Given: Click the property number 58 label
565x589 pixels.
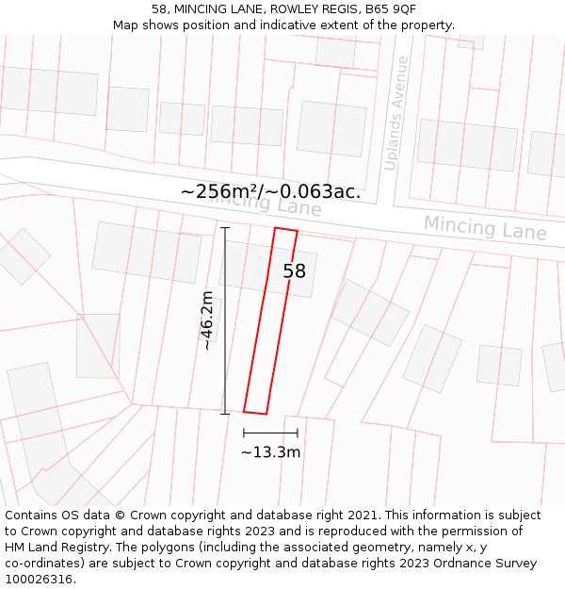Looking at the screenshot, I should (294, 271).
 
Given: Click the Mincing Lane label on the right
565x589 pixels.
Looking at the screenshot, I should (484, 228).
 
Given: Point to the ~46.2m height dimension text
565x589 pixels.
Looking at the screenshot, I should (207, 320).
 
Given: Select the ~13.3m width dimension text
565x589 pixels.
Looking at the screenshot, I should (270, 452).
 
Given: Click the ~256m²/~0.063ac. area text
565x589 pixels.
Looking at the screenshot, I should (270, 191).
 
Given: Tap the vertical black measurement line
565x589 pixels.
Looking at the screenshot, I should (225, 320).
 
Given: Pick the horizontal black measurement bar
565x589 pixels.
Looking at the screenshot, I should (270, 433).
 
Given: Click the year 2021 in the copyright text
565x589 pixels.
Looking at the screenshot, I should (363, 515).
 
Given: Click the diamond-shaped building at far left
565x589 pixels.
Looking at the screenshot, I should (21, 255).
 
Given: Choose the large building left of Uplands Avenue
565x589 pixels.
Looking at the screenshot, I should (331, 128).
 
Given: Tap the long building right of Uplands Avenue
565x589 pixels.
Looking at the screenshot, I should (467, 144).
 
